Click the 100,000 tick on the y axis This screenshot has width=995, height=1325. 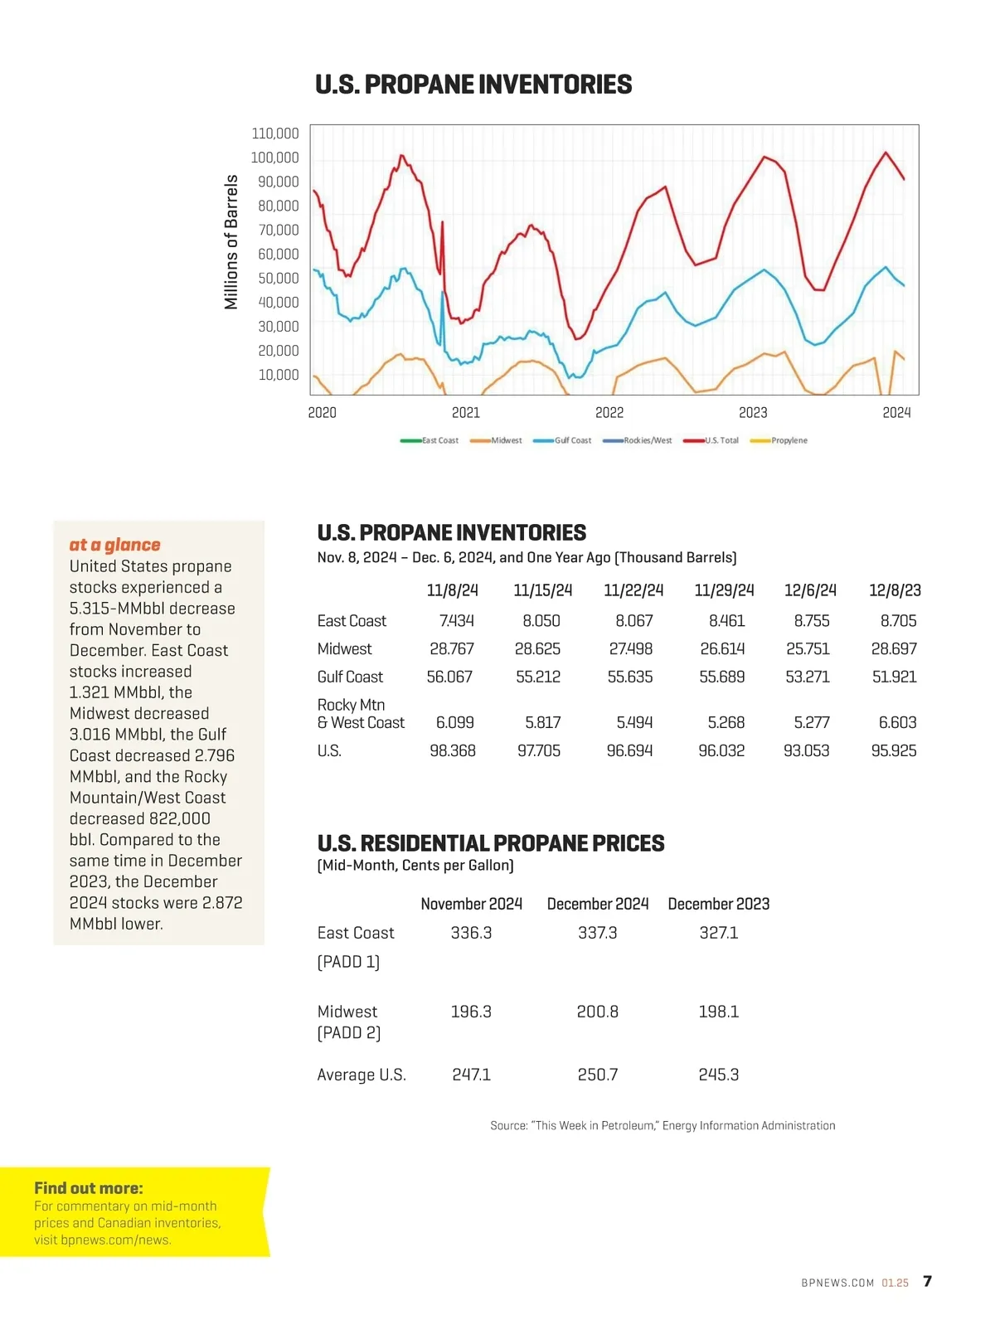tap(274, 158)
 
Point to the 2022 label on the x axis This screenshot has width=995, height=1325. tap(609, 413)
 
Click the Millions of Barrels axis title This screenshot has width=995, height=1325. tap(231, 242)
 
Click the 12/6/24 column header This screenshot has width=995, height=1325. tap(810, 590)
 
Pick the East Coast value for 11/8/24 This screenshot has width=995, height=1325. tap(456, 621)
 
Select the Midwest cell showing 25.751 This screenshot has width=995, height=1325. tap(808, 649)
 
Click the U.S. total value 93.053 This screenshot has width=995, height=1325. tap(806, 751)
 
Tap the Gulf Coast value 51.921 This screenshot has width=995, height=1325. tap(894, 677)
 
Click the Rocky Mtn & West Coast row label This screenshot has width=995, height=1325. tap(361, 714)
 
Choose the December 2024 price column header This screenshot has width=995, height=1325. tap(597, 904)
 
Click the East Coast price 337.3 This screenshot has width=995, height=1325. tap(597, 933)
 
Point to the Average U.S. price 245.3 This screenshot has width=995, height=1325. tap(718, 1075)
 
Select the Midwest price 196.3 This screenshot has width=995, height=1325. tap(471, 1012)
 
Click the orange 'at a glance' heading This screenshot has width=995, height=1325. tap(115, 545)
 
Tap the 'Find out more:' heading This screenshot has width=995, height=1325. tap(89, 1188)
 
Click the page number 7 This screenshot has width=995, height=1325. tap(927, 1281)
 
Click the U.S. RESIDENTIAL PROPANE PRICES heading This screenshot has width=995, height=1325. tap(491, 843)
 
